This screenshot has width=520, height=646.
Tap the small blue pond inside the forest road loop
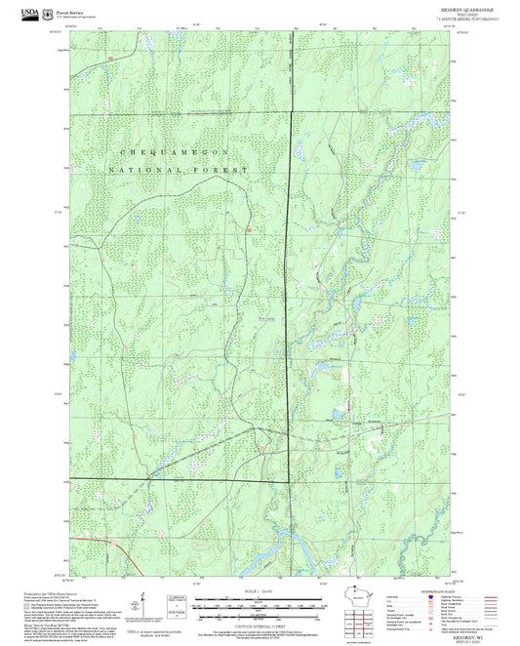tap(319, 368)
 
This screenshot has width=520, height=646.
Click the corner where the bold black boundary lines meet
tap(289, 480)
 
